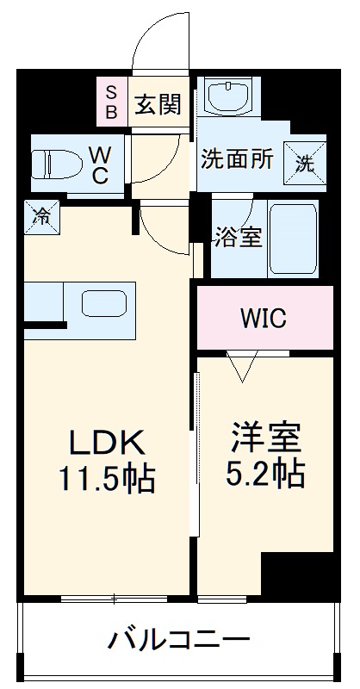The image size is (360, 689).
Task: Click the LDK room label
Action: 106,443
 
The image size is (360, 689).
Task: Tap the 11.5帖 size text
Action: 107,477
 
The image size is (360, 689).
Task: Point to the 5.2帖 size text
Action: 265,473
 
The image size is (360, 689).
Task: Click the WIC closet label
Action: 263,318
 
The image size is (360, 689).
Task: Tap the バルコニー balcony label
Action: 179,641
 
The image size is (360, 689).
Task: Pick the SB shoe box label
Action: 111,102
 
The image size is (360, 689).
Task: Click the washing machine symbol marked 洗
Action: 306,160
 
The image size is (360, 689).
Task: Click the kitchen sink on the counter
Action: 104,303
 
